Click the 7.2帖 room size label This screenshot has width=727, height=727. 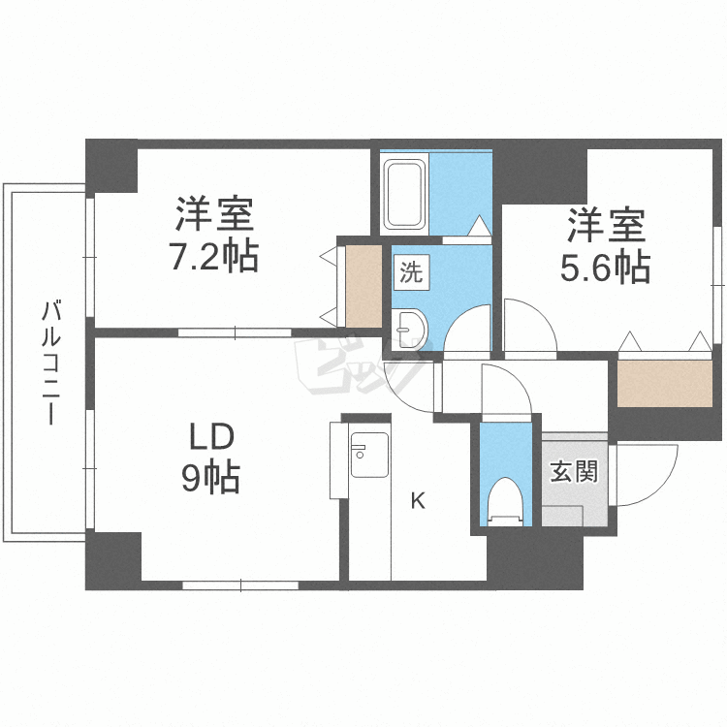pyautogui.click(x=214, y=257)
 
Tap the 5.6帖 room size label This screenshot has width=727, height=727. pyautogui.click(x=605, y=268)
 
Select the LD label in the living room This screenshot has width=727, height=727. pyautogui.click(x=211, y=438)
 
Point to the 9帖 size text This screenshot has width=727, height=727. pyautogui.click(x=211, y=478)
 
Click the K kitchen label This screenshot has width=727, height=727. pyautogui.click(x=418, y=501)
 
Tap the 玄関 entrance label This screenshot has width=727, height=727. pyautogui.click(x=574, y=471)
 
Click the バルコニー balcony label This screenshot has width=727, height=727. pyautogui.click(x=50, y=363)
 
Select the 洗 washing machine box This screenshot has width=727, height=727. pyautogui.click(x=412, y=272)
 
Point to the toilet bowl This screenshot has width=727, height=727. pyautogui.click(x=506, y=502)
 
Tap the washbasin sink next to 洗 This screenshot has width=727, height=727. pyautogui.click(x=408, y=330)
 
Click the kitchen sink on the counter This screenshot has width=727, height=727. pyautogui.click(x=369, y=455)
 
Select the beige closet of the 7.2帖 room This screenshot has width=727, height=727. pyautogui.click(x=363, y=286)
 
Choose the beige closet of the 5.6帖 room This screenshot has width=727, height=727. pyautogui.click(x=665, y=384)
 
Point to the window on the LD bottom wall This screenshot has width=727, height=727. pyautogui.click(x=240, y=585)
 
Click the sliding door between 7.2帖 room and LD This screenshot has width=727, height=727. pyautogui.click(x=236, y=332)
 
